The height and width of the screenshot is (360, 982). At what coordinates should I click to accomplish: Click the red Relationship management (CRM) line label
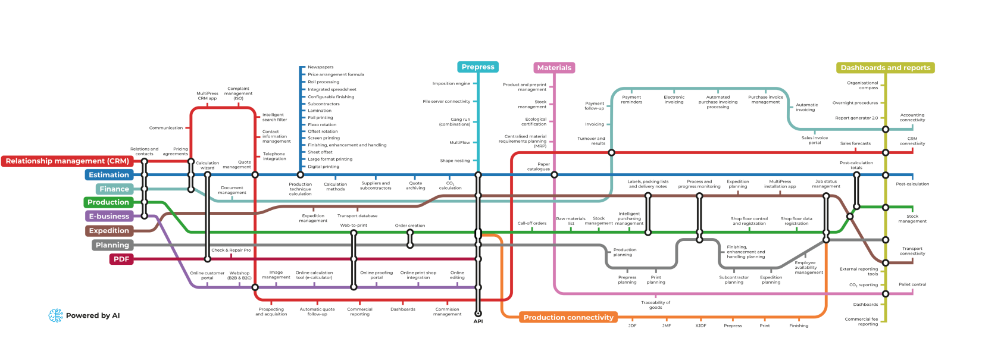coord(67,161)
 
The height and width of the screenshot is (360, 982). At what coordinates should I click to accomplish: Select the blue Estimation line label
coord(109,175)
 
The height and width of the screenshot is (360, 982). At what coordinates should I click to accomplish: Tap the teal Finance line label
coord(114,189)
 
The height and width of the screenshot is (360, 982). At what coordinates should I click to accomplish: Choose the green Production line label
coord(108,202)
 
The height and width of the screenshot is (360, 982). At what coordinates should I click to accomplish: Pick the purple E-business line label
coord(109,217)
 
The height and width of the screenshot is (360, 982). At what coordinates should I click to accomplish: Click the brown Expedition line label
coord(109,231)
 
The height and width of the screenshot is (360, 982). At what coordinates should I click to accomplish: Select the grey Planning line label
coord(112,245)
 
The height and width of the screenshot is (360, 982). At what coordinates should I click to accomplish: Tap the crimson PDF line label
coord(121,259)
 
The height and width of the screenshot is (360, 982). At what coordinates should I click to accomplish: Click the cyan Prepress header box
coord(478,67)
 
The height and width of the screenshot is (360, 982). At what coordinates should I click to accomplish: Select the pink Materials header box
coord(554,68)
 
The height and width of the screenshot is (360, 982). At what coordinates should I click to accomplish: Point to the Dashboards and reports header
coord(885,68)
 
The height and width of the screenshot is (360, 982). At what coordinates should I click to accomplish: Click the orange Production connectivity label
coord(568,318)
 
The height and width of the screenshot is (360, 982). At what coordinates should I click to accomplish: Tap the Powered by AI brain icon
coord(56,315)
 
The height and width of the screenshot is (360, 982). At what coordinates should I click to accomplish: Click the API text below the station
coord(478,321)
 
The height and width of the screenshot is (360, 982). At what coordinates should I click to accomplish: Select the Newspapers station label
coord(321,67)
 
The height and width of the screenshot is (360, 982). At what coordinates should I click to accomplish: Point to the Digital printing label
coord(323,167)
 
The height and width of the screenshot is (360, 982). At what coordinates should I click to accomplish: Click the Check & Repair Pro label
coord(231,251)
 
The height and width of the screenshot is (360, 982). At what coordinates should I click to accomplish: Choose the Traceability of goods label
coord(655,305)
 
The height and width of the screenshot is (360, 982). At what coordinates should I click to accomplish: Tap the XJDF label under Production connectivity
coord(700,326)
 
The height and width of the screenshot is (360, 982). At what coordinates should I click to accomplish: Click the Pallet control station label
coord(912,284)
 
